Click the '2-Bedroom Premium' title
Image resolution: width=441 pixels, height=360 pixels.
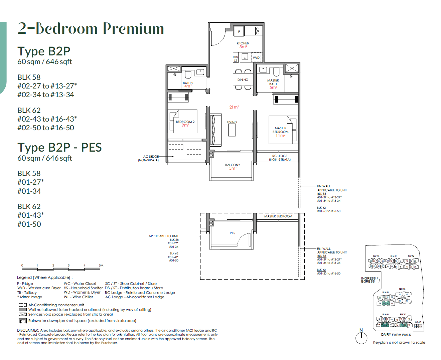[x=91, y=29]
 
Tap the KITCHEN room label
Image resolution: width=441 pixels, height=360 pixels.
[x=243, y=43]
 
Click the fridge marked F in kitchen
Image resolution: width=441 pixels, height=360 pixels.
[x=239, y=31]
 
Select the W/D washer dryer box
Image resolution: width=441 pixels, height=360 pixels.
[x=256, y=57]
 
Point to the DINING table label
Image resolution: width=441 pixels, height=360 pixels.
[x=243, y=80]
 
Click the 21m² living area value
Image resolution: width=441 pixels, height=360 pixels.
[x=234, y=107]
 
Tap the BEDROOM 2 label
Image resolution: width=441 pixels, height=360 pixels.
[x=185, y=122]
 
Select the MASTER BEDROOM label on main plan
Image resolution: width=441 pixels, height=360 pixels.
[x=280, y=130]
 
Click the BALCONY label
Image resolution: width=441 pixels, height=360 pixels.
[x=233, y=165]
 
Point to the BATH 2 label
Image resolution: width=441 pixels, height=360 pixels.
[x=188, y=83]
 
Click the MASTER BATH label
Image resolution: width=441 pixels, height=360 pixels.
[x=273, y=82]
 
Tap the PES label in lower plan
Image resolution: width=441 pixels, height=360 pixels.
[x=232, y=233]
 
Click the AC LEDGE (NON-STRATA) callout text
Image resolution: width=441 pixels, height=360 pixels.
[x=149, y=158]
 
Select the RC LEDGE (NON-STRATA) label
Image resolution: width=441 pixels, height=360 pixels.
[x=280, y=158]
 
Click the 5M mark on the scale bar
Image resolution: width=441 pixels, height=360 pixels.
[x=101, y=265]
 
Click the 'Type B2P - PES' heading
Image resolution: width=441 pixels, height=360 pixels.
[x=59, y=147]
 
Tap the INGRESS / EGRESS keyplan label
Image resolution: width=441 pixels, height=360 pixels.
[x=369, y=280]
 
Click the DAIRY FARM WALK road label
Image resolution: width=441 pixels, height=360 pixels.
[x=396, y=335]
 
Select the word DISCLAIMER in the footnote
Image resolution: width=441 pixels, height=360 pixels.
[x=28, y=330]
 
